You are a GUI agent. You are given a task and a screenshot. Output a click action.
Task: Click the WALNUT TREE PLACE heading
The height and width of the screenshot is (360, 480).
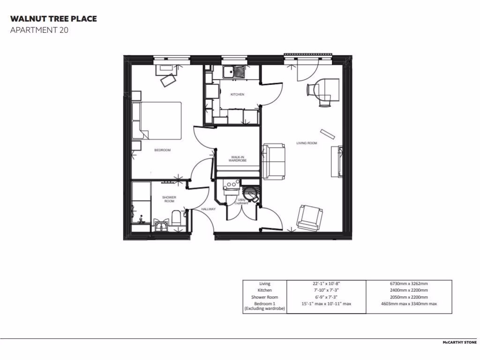click(53, 19)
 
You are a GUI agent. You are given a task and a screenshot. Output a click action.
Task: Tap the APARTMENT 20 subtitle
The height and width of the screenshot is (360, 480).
click(40, 31)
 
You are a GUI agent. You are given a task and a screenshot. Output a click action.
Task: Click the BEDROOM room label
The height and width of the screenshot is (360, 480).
click(163, 150)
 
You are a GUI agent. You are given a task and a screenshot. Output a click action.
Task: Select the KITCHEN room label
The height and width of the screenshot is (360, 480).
click(237, 95)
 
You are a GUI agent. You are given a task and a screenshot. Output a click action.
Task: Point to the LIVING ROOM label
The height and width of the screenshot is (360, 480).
click(307, 143)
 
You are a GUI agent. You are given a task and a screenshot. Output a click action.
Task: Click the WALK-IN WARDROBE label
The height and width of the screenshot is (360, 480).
click(238, 159)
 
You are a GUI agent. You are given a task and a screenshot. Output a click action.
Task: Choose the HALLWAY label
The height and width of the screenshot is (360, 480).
click(208, 209)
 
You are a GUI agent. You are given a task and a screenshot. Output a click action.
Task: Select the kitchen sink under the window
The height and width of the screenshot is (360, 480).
click(234, 72)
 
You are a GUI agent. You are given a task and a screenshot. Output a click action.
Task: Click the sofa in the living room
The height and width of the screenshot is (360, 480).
click(274, 161)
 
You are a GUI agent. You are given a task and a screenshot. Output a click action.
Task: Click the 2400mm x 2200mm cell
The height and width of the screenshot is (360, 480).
click(408, 290)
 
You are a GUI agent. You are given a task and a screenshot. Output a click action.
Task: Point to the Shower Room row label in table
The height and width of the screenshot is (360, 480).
click(265, 297)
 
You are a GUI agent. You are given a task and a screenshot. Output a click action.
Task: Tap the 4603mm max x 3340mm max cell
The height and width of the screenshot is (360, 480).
click(408, 304)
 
